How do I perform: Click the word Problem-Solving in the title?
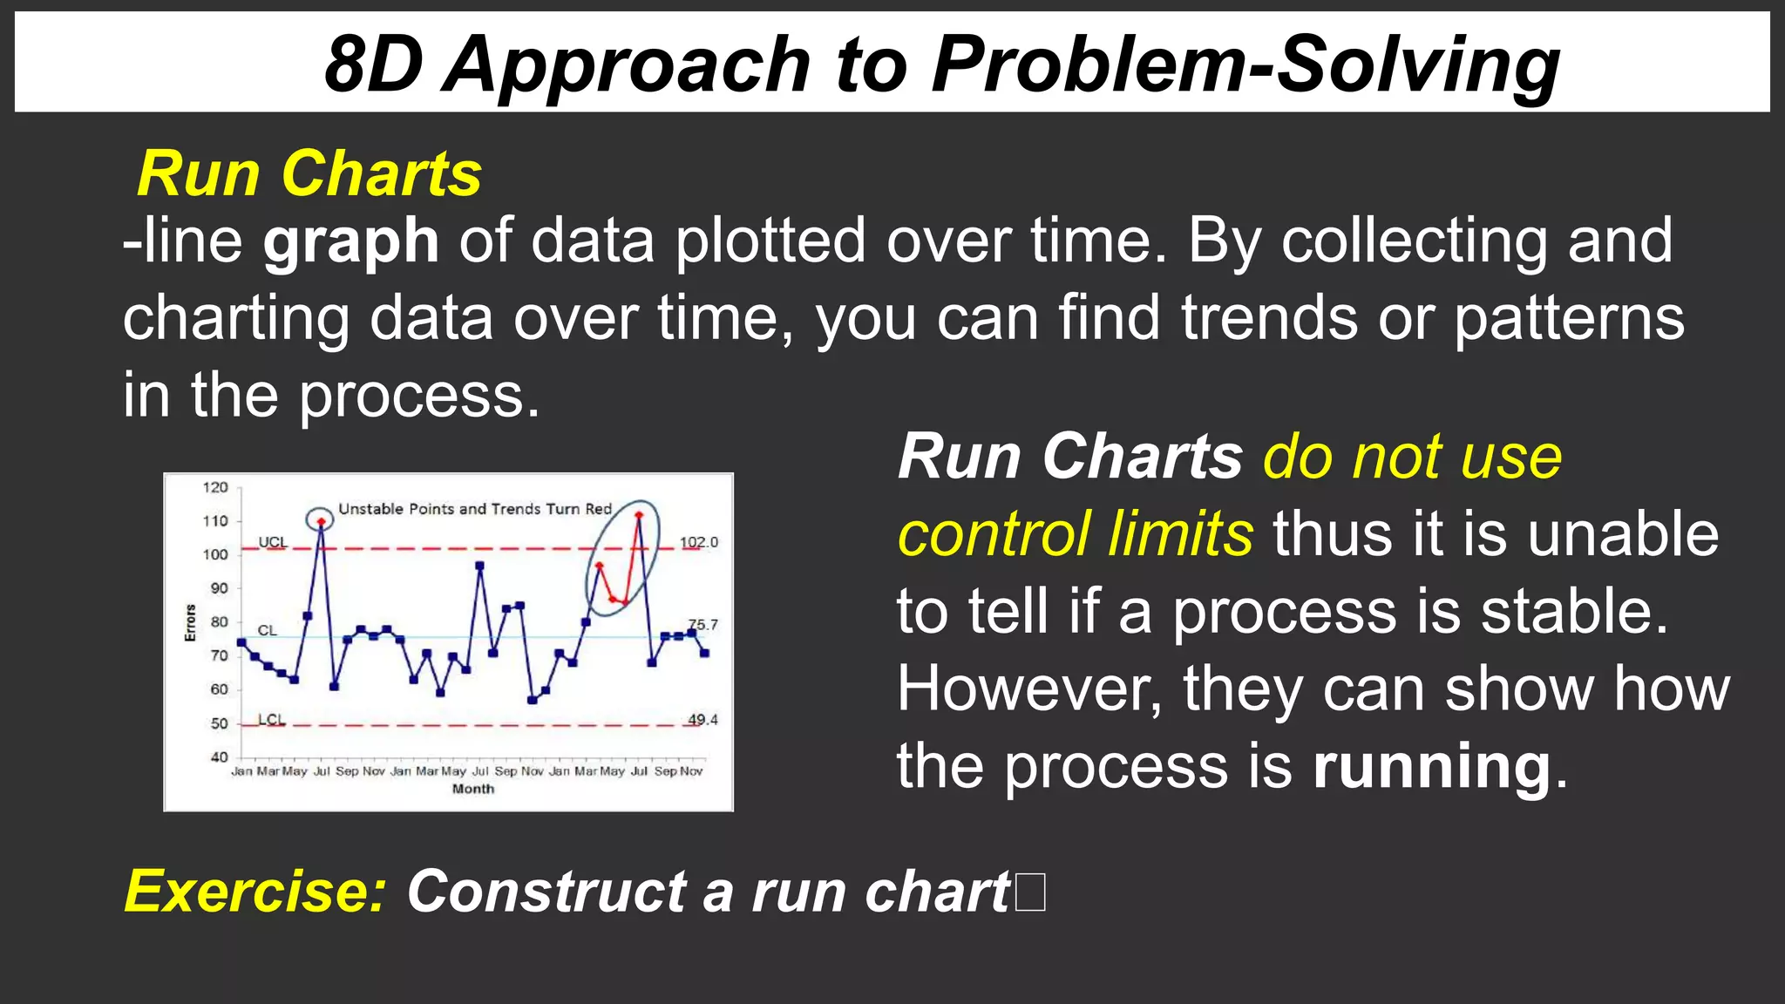pyautogui.click(x=1246, y=66)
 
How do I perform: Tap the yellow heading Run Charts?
pyautogui.click(x=309, y=174)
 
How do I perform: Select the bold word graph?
pyautogui.click(x=350, y=242)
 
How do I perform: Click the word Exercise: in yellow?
pyautogui.click(x=255, y=892)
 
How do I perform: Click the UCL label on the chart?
pyautogui.click(x=272, y=542)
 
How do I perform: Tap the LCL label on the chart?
pyautogui.click(x=271, y=720)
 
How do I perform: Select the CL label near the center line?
pyautogui.click(x=267, y=630)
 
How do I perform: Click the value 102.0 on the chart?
pyautogui.click(x=698, y=542)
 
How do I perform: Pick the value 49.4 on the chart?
pyautogui.click(x=702, y=720)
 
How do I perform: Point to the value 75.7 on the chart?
pyautogui.click(x=702, y=625)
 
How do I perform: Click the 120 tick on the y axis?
pyautogui.click(x=215, y=487)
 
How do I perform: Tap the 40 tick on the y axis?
pyautogui.click(x=219, y=757)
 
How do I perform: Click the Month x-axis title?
pyautogui.click(x=472, y=789)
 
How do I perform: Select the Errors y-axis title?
pyautogui.click(x=190, y=622)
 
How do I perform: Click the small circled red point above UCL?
pyautogui.click(x=321, y=521)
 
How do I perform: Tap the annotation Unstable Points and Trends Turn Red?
pyautogui.click(x=475, y=509)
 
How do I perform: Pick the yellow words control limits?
pyautogui.click(x=1076, y=534)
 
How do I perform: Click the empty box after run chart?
pyautogui.click(x=1030, y=892)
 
